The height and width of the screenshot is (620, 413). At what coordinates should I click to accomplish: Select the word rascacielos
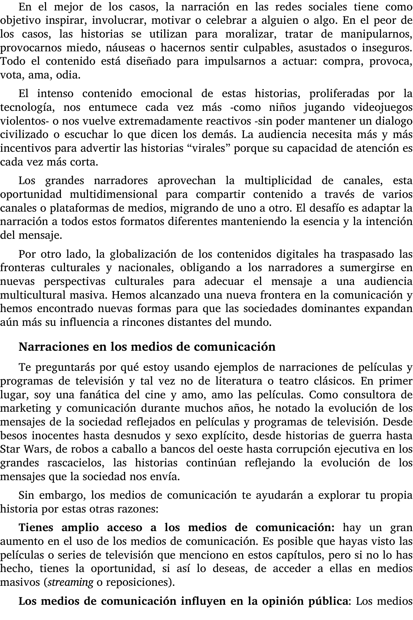coord(75,463)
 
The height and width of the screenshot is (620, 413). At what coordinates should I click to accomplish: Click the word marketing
coord(25,408)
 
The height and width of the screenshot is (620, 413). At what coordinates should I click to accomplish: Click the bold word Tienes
coord(36,527)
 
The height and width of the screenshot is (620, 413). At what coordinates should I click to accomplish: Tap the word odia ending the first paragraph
coord(68,75)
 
